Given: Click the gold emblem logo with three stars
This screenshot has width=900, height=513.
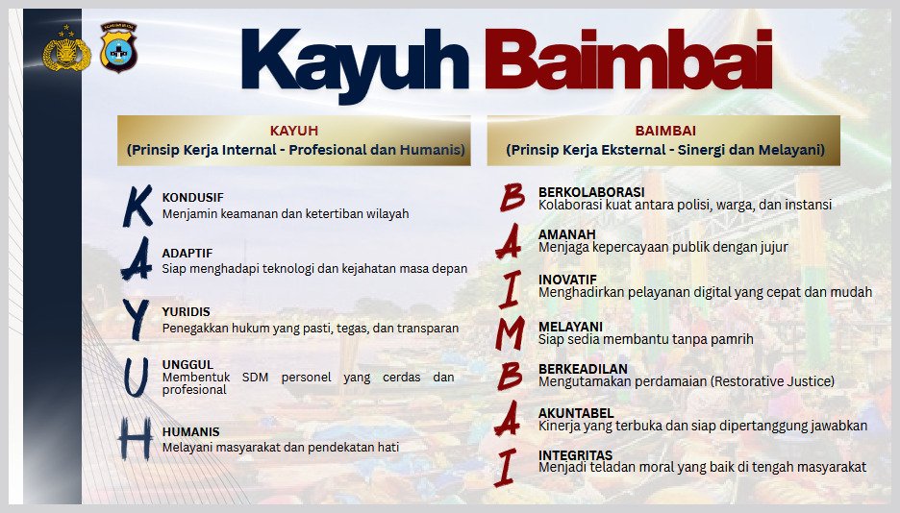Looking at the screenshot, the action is pos(66,49).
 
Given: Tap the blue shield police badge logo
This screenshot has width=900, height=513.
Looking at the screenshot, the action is pos(118,47).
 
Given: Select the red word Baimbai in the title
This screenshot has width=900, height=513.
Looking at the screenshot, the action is pos(629,59).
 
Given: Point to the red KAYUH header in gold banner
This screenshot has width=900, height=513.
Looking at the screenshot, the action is pos(294,131).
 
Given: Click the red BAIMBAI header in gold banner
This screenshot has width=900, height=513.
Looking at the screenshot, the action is pos(665,131).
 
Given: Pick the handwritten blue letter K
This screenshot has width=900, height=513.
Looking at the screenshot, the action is pos(137,206).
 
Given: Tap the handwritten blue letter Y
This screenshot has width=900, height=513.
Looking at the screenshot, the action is pos(136,319).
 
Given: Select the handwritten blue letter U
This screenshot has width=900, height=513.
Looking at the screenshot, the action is pos(136,378).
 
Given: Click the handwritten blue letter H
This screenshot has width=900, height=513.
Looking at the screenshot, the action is pos(136,438).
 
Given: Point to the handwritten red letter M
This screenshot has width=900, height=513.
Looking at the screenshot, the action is pos(511,333).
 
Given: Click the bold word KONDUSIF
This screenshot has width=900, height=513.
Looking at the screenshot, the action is pos(193,198).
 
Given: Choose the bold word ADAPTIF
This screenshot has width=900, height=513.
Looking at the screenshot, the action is pos(187,254).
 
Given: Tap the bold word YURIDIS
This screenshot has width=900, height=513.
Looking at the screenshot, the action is pos(186,312).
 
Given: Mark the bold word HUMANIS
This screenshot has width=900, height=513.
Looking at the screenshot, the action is pos(190,431).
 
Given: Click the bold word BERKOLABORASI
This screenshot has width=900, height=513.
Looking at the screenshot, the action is pos(591,192).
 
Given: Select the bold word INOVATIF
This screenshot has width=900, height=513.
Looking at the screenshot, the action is pos(567,280).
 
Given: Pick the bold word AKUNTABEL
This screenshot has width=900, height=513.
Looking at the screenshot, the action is pos(576,413).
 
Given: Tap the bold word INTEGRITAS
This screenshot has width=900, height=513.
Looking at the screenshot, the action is pos(575,455).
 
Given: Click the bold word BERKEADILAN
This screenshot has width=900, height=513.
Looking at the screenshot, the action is pos(583,369).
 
